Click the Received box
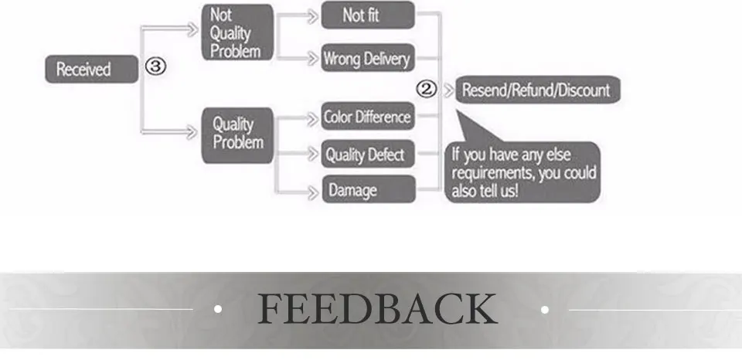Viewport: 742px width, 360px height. click(x=84, y=69)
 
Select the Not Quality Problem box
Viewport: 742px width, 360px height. click(x=237, y=32)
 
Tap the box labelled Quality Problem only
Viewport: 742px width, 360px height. click(x=237, y=134)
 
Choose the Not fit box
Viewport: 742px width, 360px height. click(x=366, y=15)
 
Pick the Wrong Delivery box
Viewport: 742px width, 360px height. click(x=367, y=58)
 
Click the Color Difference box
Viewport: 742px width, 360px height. click(x=367, y=117)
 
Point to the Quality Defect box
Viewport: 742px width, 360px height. click(x=367, y=155)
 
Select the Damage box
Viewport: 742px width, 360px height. click(x=367, y=189)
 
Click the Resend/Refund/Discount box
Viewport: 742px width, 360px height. click(x=536, y=90)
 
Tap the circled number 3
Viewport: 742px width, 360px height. click(x=155, y=67)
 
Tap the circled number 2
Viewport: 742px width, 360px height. click(x=427, y=90)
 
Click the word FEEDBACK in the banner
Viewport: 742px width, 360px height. click(x=377, y=309)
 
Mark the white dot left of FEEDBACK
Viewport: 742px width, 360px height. click(x=218, y=310)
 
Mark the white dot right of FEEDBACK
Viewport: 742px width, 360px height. click(x=545, y=310)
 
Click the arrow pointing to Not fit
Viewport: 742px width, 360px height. click(x=311, y=15)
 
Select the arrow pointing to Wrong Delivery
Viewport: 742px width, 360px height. click(x=311, y=58)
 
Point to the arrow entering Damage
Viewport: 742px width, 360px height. click(x=311, y=189)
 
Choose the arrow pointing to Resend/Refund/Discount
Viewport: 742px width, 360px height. click(x=448, y=90)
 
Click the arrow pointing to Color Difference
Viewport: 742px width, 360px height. click(x=311, y=117)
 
